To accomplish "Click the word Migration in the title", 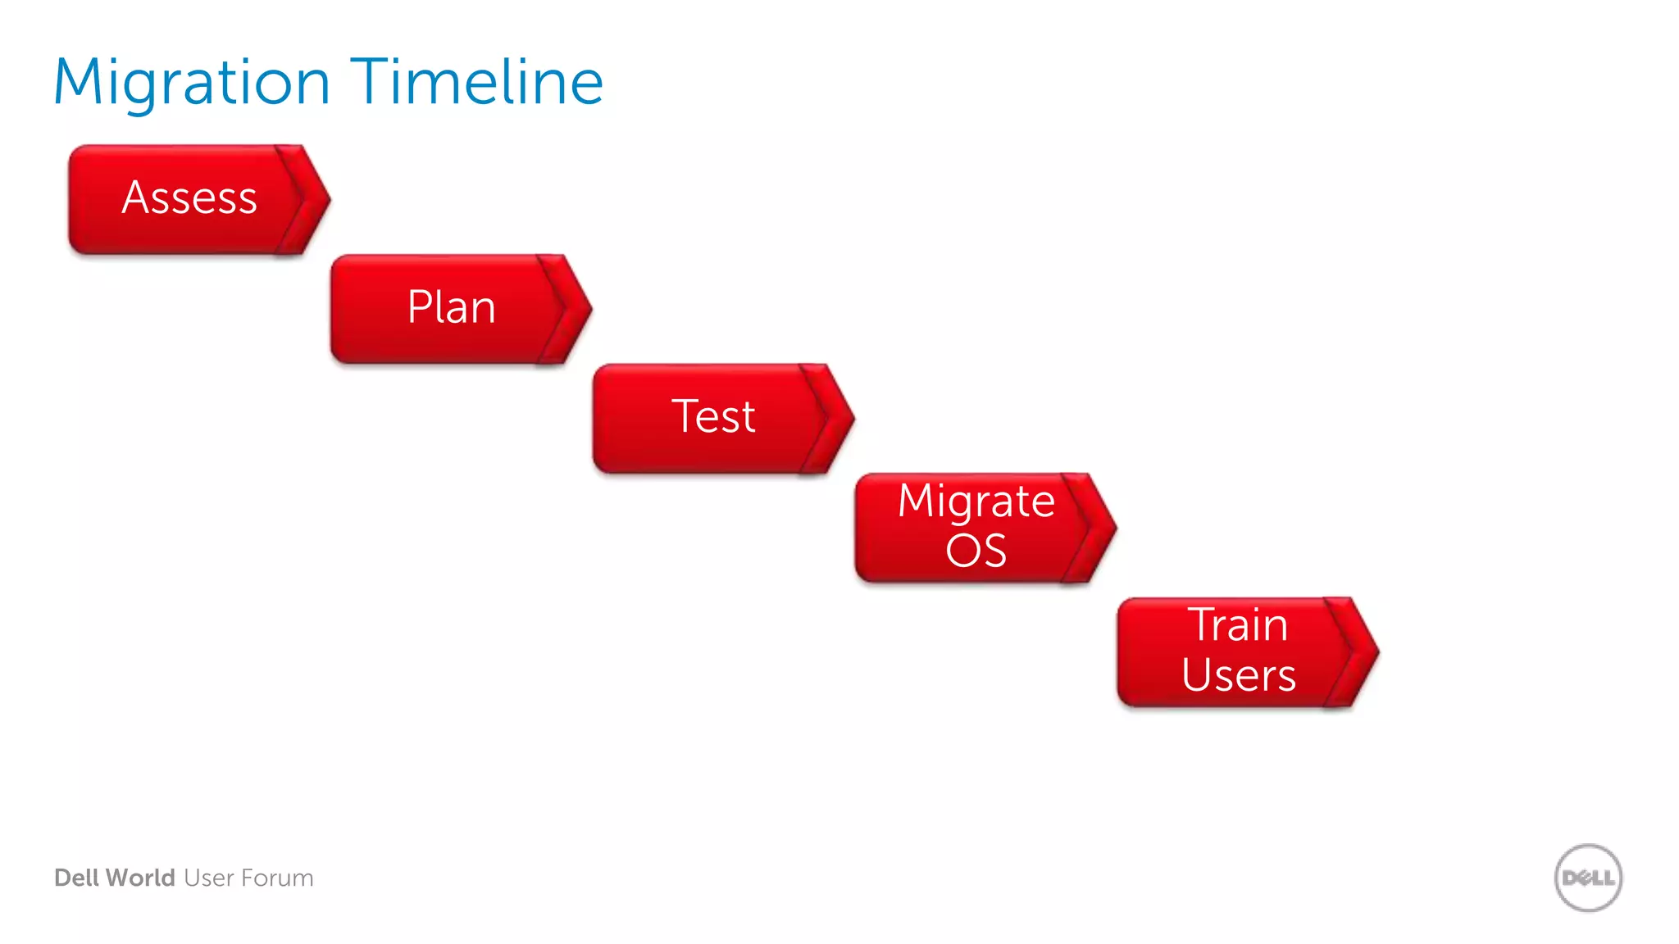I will point(192,84).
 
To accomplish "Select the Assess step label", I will point(189,198).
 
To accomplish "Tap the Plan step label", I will point(452,308).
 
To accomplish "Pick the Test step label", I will point(713,416).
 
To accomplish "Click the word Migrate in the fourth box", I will point(976,501).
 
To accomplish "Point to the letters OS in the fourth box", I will point(976,551).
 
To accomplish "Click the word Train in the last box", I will point(1238,625).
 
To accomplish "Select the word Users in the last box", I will point(1238,676).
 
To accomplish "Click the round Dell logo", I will point(1588,878).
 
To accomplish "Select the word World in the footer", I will point(140,878).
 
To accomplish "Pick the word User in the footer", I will point(209,878).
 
